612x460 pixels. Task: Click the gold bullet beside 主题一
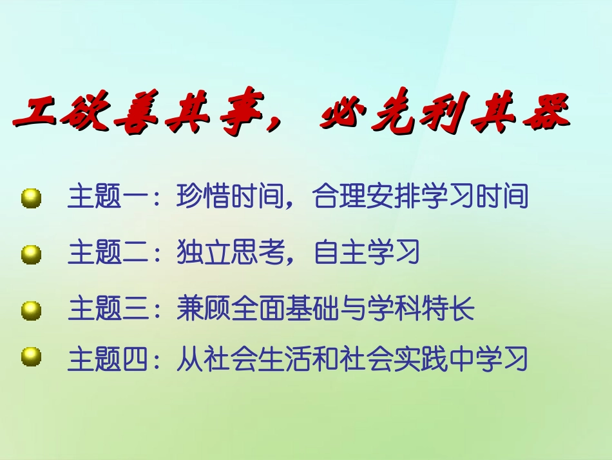31,197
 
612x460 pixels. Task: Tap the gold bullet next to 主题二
31,254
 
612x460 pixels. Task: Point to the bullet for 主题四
31,357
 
